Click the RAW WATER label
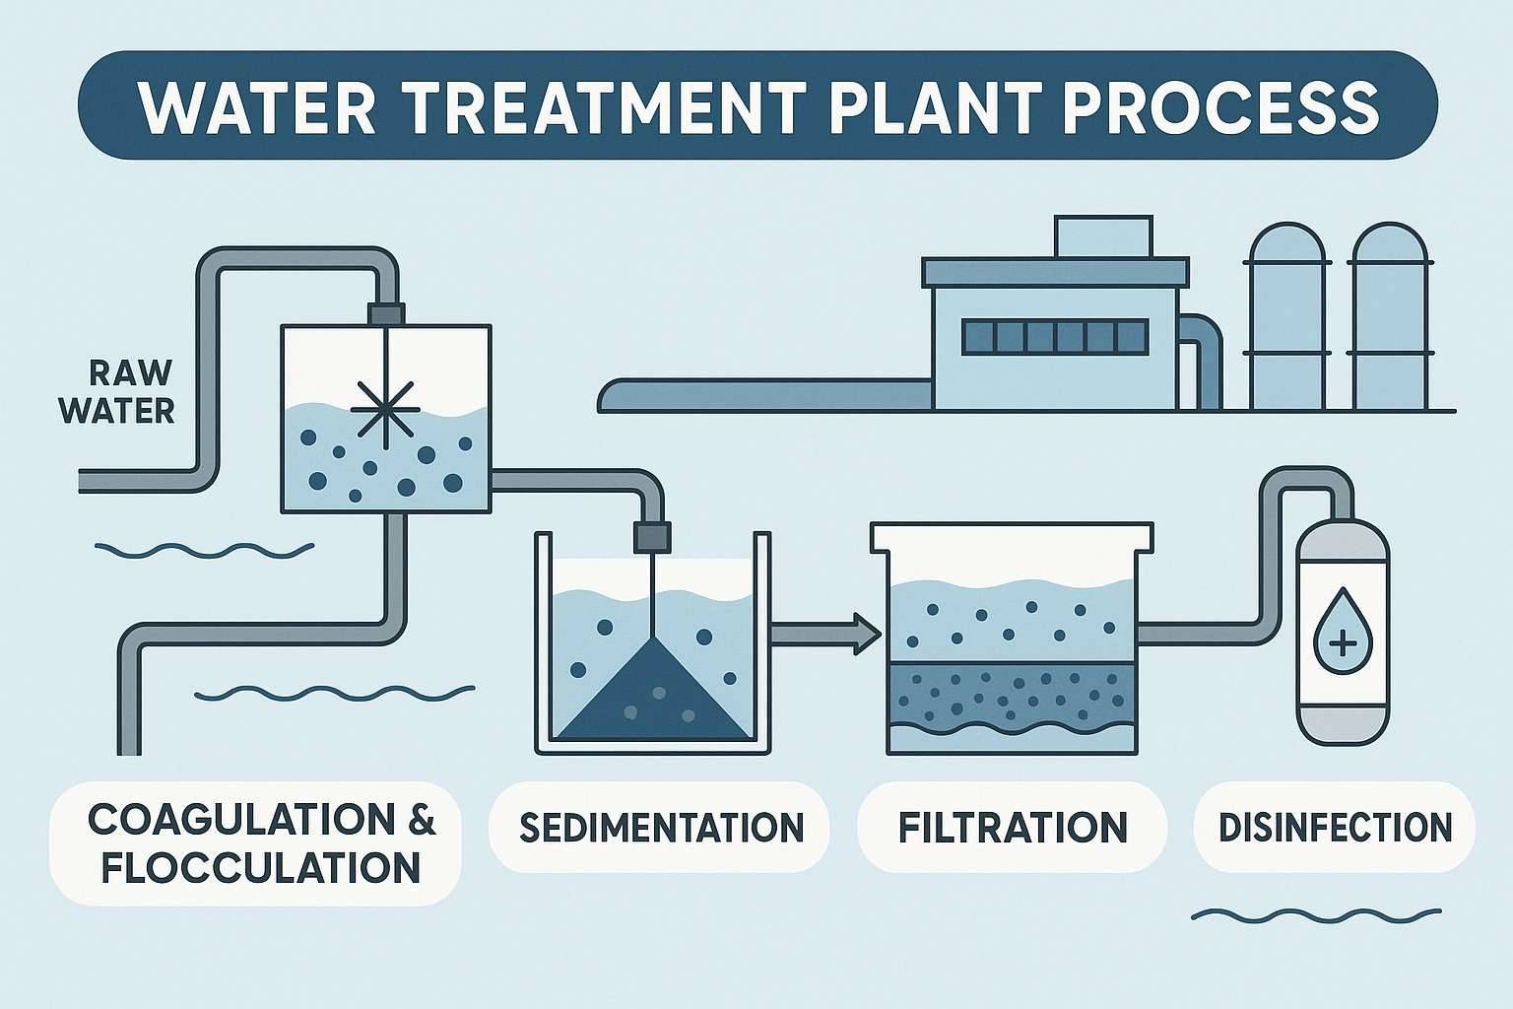pos(118,391)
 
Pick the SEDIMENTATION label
pos(661,827)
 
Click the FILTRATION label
pos(1013,827)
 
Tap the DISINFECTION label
pos(1335,827)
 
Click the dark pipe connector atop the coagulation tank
pos(385,313)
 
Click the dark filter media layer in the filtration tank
pos(1013,695)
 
